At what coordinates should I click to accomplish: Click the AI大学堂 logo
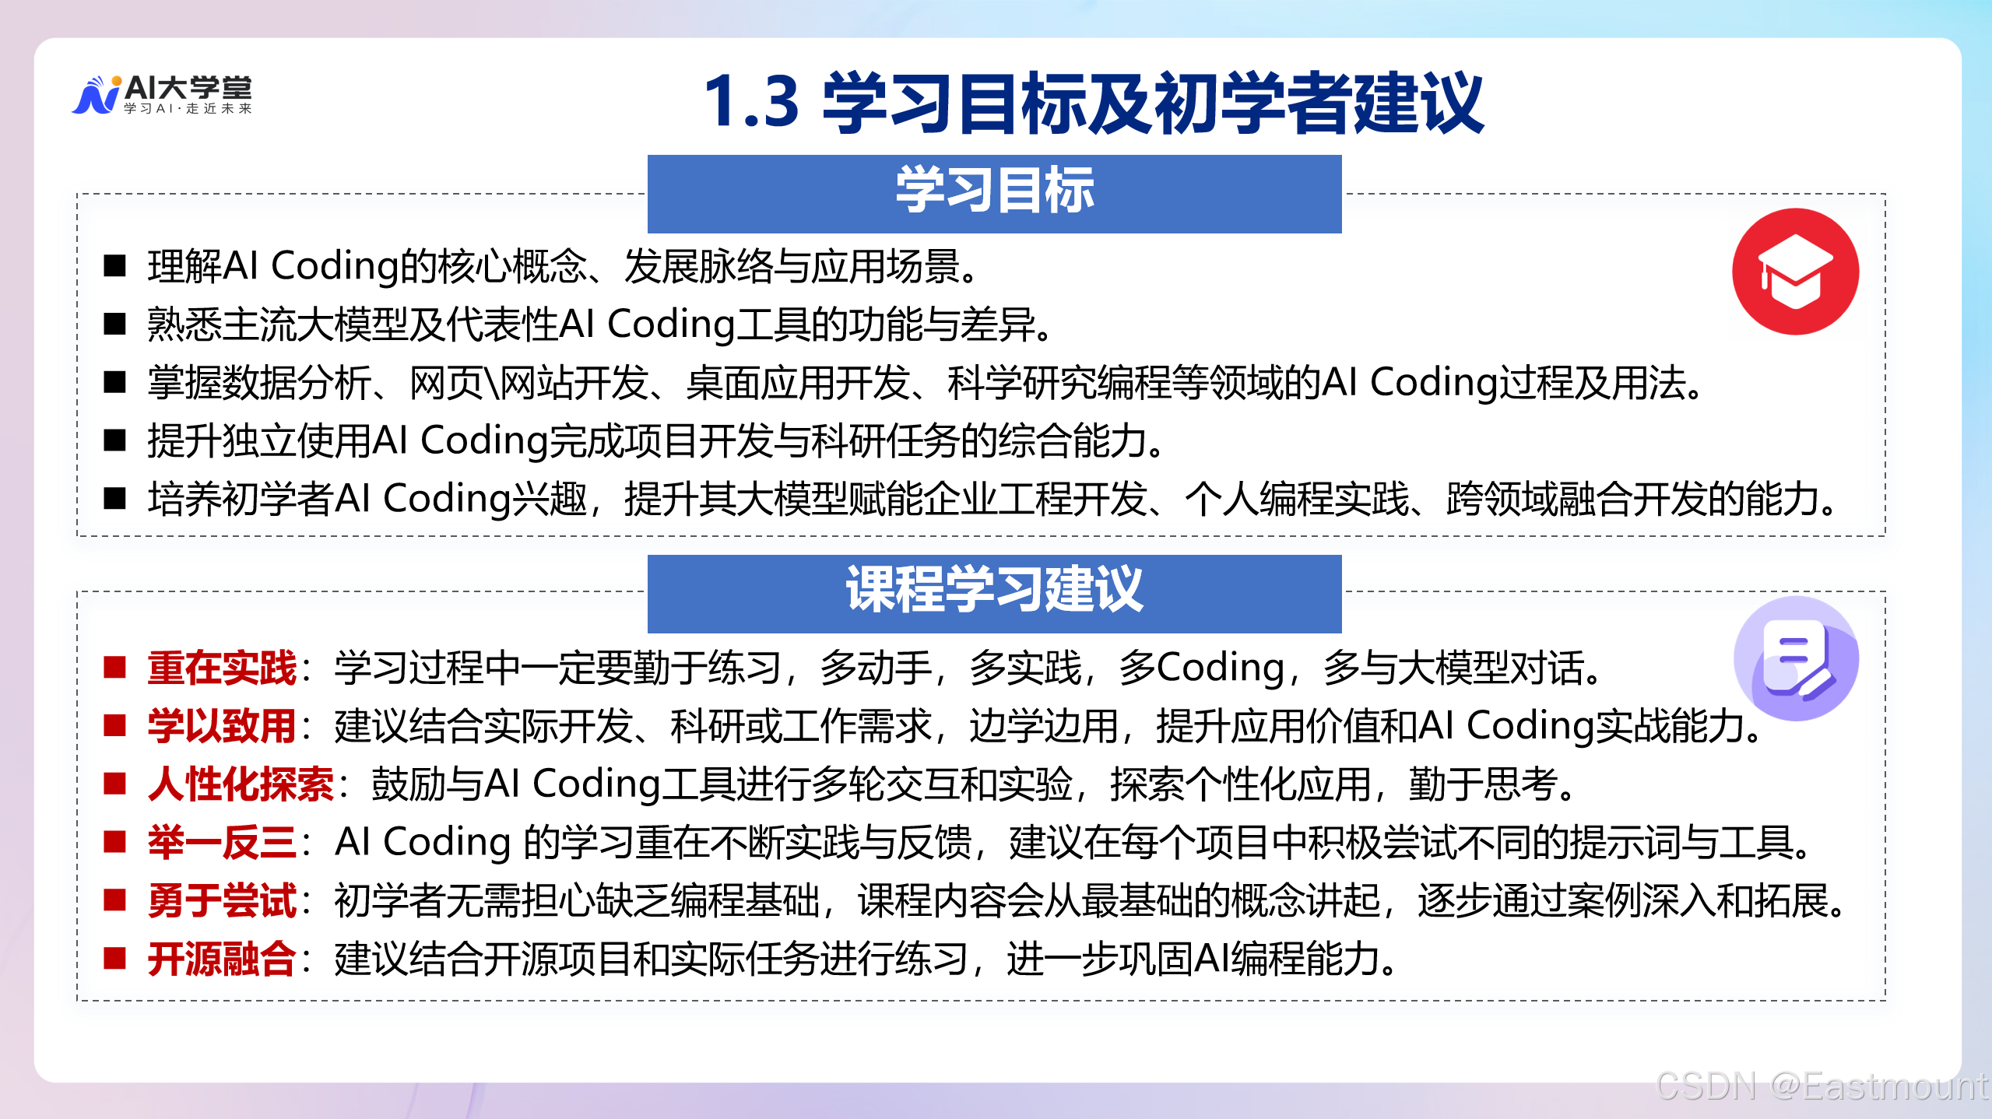pyautogui.click(x=162, y=95)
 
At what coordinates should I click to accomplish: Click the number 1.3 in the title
pyautogui.click(x=751, y=102)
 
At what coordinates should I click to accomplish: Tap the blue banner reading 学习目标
pyautogui.click(x=994, y=193)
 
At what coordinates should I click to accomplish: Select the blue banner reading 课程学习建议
pyautogui.click(x=994, y=592)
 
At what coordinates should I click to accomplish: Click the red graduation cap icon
pyautogui.click(x=1794, y=272)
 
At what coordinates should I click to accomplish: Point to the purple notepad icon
pyautogui.click(x=1796, y=658)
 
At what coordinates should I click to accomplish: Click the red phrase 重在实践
pyautogui.click(x=223, y=668)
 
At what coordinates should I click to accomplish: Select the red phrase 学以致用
pyautogui.click(x=223, y=727)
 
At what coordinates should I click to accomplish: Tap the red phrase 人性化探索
pyautogui.click(x=241, y=784)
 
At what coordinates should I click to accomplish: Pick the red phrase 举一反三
pyautogui.click(x=223, y=843)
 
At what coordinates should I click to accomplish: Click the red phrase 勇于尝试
pyautogui.click(x=223, y=901)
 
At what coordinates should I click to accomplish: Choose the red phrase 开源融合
pyautogui.click(x=223, y=959)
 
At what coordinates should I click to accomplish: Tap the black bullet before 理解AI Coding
pyautogui.click(x=115, y=266)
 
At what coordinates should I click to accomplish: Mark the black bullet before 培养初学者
pyautogui.click(x=115, y=499)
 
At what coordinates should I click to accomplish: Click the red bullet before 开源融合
pyautogui.click(x=115, y=959)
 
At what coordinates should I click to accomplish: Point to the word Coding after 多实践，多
pyautogui.click(x=1220, y=668)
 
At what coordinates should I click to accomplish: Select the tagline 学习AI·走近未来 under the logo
pyautogui.click(x=188, y=109)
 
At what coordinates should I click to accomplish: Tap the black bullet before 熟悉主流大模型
pyautogui.click(x=115, y=324)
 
